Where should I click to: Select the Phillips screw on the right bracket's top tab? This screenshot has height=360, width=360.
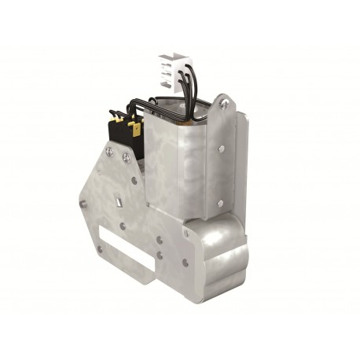[x=226, y=101]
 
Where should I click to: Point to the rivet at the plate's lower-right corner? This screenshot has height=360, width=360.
[x=186, y=265]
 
